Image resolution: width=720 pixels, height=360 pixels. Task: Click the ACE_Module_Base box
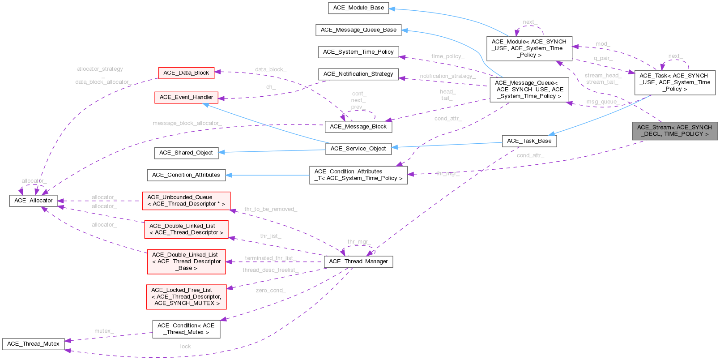coord(358,8)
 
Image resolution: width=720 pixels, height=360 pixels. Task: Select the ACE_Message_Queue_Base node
coord(358,30)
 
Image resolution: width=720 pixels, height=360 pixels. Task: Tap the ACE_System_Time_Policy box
coord(358,52)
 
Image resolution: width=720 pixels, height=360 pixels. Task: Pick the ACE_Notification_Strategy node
coord(358,74)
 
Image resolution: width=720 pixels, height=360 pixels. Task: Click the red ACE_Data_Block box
coord(186,73)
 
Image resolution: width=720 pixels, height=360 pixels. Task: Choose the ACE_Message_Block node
coord(358,127)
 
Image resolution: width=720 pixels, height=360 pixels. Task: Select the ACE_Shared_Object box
coord(186,153)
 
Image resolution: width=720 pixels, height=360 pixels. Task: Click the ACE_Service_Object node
coord(358,149)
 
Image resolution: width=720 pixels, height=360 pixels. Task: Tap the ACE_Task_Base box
coord(529,141)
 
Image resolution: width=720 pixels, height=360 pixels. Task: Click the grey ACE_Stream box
coord(674,131)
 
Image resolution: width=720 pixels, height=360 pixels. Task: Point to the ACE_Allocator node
coord(34,201)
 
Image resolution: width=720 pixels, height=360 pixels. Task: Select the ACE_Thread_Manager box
coord(358,261)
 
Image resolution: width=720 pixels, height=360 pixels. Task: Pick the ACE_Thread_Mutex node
coord(33,344)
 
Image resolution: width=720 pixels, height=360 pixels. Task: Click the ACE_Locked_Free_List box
coord(186,297)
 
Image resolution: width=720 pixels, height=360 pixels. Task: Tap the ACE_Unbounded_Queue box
coord(186,201)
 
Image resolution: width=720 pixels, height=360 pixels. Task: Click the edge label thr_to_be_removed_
coord(271,209)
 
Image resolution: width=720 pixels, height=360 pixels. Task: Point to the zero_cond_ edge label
coord(271,291)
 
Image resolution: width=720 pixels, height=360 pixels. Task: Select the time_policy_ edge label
coord(448,56)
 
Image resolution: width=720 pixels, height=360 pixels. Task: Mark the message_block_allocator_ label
coord(187,123)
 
